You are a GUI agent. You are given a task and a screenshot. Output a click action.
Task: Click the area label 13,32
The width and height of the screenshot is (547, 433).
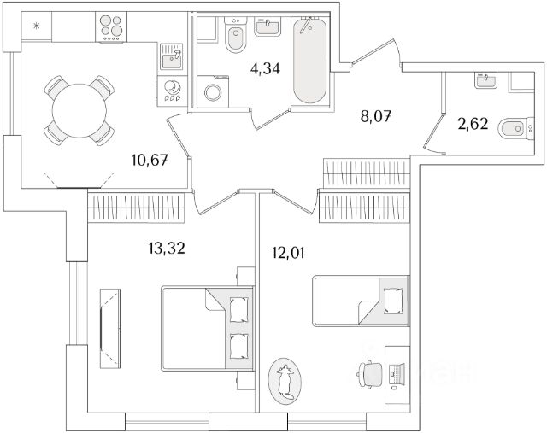165,249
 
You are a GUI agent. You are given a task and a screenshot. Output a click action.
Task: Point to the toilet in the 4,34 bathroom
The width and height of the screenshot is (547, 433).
234,35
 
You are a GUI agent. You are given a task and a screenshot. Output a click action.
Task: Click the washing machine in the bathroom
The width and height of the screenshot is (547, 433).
209,91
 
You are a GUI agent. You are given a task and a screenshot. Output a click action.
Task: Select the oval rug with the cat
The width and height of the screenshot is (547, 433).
285,380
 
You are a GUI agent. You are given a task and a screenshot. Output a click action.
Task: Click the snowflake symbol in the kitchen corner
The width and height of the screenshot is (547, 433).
36,26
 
